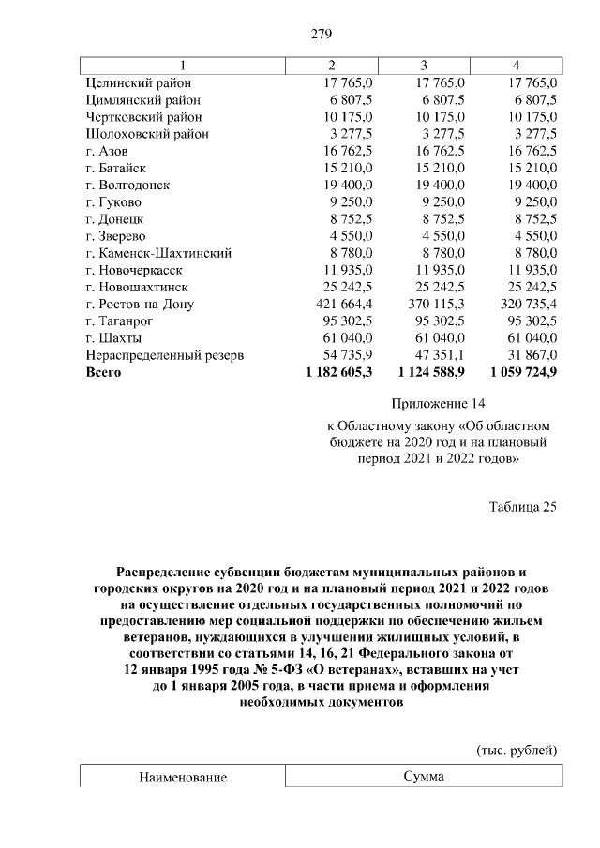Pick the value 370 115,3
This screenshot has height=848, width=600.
431,304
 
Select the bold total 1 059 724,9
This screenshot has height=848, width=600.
517,372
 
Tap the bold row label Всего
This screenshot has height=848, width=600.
104,372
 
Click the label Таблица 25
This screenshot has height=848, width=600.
522,507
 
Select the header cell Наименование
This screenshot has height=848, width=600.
183,778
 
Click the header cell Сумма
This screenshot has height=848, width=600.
423,777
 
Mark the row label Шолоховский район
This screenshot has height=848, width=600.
145,134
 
